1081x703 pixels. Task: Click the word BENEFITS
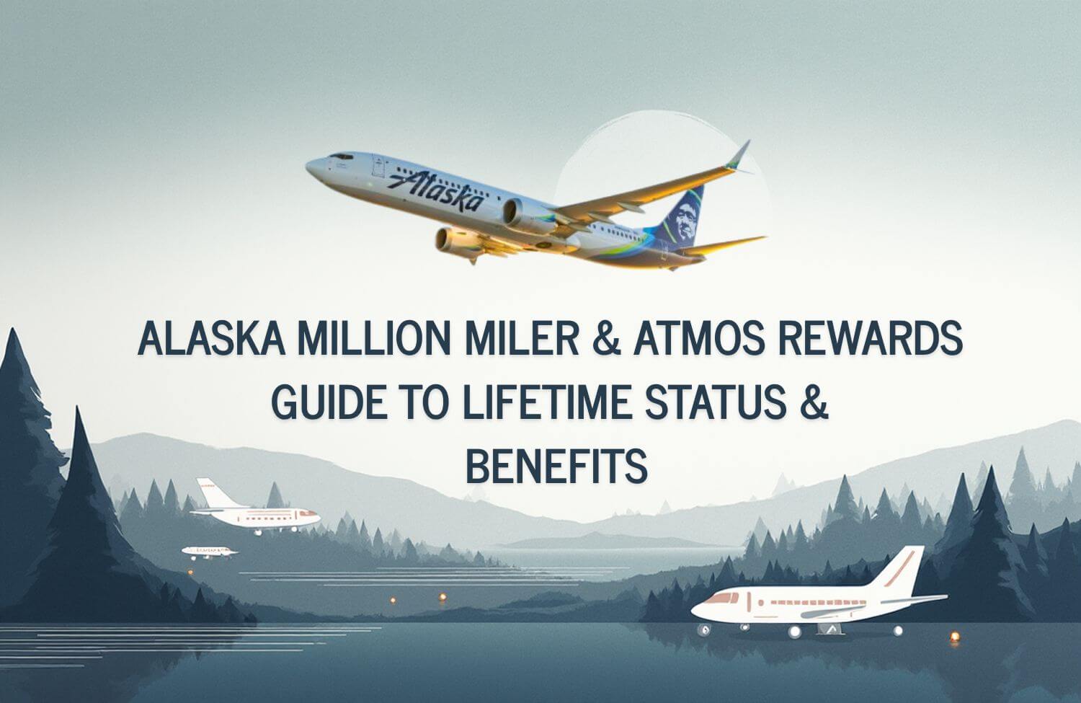[556, 467]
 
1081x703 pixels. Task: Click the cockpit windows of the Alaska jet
[341, 157]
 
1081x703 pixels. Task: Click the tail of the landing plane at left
[215, 493]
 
